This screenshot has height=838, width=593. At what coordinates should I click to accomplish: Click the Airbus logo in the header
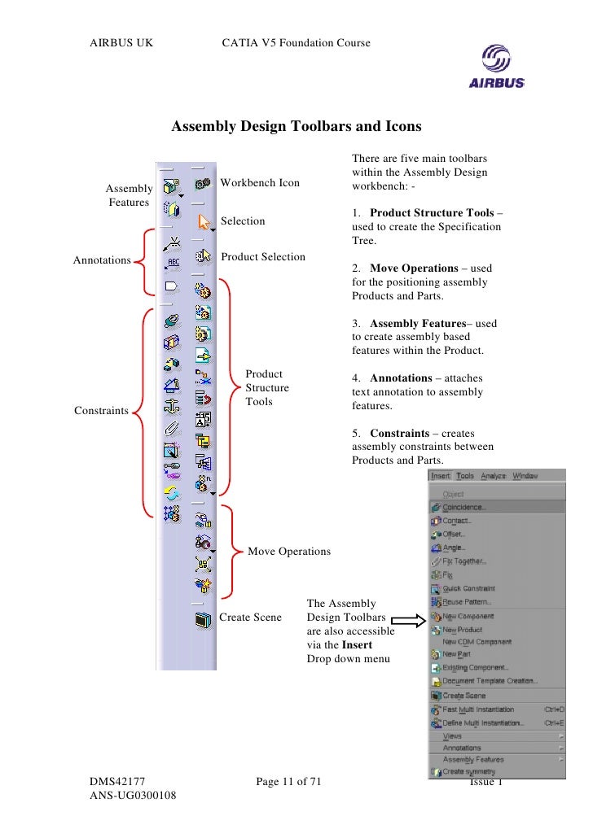[496, 67]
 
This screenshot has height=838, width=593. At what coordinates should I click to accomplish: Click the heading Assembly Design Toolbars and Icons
[296, 127]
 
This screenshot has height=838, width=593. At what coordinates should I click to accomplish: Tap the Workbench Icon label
[260, 183]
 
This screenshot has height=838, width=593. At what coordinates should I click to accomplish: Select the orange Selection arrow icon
[204, 221]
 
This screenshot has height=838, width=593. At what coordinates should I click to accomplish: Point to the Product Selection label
[263, 257]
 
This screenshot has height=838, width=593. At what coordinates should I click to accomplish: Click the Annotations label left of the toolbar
[102, 260]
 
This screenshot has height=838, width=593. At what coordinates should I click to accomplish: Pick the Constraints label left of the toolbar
[101, 411]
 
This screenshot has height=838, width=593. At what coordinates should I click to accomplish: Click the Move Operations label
[289, 552]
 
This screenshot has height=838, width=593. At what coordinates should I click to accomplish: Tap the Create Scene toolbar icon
[203, 619]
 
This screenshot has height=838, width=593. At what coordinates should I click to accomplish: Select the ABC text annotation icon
[172, 262]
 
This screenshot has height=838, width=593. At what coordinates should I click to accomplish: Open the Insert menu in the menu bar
[441, 476]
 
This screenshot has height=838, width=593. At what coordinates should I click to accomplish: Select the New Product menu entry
[462, 630]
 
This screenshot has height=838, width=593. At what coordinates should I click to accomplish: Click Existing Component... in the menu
[476, 667]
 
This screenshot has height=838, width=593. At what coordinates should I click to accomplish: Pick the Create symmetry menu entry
[468, 771]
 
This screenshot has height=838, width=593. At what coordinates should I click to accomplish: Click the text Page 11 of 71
[288, 782]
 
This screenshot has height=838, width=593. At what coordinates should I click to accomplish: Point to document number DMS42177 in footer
[117, 782]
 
